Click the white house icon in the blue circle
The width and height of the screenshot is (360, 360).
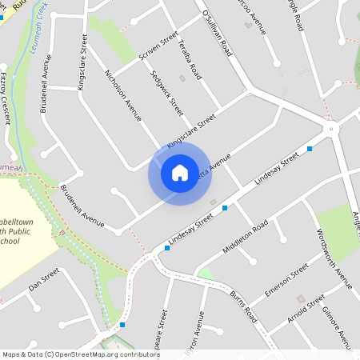click(179, 172)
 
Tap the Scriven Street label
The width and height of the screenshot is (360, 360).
click(158, 46)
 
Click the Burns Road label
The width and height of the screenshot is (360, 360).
click(242, 302)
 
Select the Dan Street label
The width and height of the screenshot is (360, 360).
click(44, 279)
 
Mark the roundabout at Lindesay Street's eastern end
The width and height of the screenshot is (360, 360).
click(330, 129)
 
